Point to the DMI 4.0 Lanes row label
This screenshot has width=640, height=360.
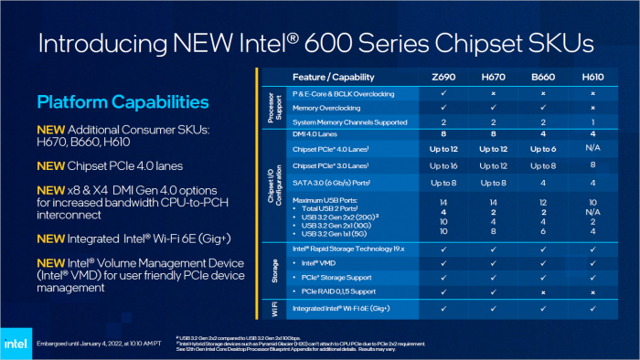pos(315,134)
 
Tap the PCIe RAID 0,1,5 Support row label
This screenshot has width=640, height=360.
pos(334,292)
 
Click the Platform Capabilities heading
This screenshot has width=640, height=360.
pos(123,101)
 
